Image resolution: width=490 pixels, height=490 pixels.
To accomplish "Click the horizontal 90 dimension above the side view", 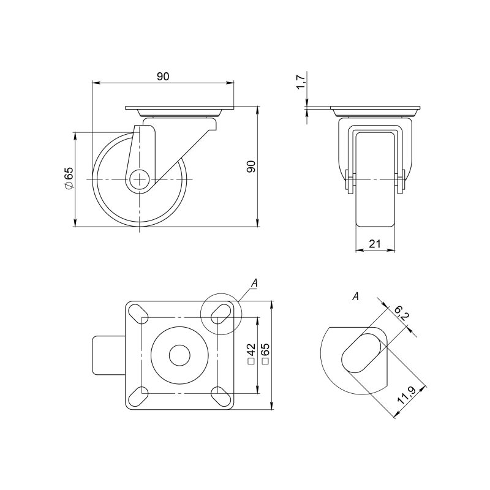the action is pyautogui.click(x=163, y=76).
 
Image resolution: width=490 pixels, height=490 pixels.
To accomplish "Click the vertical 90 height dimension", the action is pyautogui.click(x=252, y=166).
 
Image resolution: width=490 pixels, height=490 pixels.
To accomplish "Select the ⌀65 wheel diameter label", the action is pyautogui.click(x=68, y=178).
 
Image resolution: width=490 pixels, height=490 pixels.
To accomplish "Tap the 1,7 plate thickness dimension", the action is pyautogui.click(x=300, y=82).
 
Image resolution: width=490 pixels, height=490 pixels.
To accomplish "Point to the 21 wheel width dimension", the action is pyautogui.click(x=375, y=243).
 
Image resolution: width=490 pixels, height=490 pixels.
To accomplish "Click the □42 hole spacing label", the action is pyautogui.click(x=251, y=354).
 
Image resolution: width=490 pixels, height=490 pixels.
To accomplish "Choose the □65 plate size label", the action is pyautogui.click(x=265, y=354).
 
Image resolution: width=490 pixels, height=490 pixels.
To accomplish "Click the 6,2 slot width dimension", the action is pyautogui.click(x=401, y=314).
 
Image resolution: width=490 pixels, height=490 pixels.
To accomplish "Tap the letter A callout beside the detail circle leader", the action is pyautogui.click(x=255, y=283).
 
